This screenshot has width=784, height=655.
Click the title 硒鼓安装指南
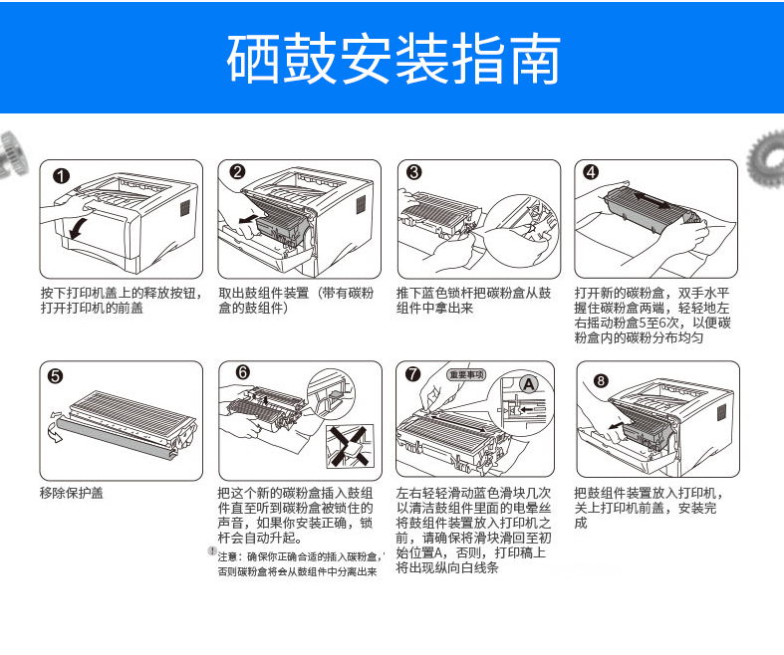(x=393, y=59)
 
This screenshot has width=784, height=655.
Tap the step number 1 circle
(x=62, y=176)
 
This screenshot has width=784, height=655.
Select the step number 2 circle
(x=237, y=172)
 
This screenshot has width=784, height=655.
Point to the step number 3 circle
(x=414, y=172)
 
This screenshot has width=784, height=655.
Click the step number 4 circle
(x=592, y=172)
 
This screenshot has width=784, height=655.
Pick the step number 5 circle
(x=55, y=375)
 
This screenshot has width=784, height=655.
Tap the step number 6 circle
(x=242, y=372)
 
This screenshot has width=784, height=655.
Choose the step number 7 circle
(x=413, y=374)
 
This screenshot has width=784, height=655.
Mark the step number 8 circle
(x=601, y=380)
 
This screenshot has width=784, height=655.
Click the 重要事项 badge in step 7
(x=466, y=374)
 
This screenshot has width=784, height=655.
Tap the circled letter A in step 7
(x=529, y=384)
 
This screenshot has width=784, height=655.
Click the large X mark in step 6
(x=350, y=446)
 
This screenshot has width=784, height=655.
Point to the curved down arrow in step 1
(x=80, y=228)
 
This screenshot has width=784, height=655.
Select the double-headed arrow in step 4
(x=653, y=201)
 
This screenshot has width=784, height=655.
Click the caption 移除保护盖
(x=72, y=493)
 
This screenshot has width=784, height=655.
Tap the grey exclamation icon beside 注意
(x=212, y=551)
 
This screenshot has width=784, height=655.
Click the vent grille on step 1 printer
(x=185, y=208)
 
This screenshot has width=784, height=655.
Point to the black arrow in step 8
(x=616, y=426)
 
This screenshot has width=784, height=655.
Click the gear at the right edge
(x=766, y=158)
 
